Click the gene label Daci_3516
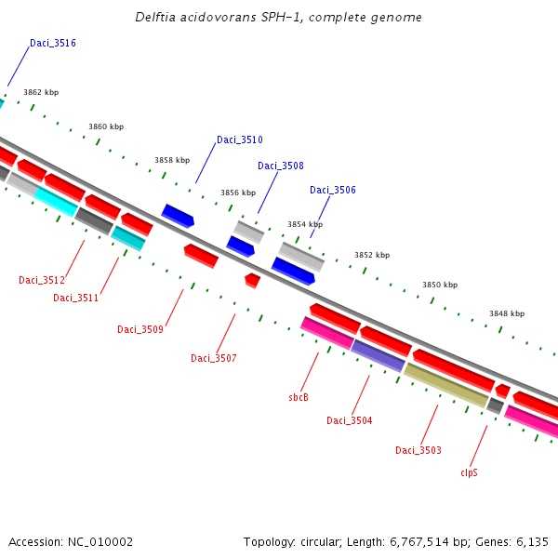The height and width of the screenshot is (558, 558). point(53,44)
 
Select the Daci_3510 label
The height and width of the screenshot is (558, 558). point(240,140)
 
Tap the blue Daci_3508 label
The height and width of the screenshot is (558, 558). point(281,166)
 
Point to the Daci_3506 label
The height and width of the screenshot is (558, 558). point(333,191)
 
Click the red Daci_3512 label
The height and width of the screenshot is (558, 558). point(42,280)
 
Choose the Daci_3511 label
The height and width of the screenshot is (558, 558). point(76,298)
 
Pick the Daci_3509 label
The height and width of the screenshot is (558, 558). point(140,329)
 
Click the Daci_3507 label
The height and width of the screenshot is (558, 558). point(214,358)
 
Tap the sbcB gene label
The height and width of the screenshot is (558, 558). point(299,397)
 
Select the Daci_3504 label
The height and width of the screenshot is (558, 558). point(350,421)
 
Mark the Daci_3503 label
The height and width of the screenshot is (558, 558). point(418,451)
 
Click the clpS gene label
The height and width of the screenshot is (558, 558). point(470,472)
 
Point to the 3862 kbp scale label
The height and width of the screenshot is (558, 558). point(41,93)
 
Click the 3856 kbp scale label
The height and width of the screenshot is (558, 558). point(238,193)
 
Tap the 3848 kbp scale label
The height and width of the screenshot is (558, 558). point(507,314)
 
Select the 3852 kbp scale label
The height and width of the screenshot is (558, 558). point(372,255)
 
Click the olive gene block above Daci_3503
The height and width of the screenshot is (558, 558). point(445,384)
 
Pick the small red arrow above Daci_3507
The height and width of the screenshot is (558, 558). point(252,280)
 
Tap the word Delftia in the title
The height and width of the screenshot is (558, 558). point(153,18)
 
